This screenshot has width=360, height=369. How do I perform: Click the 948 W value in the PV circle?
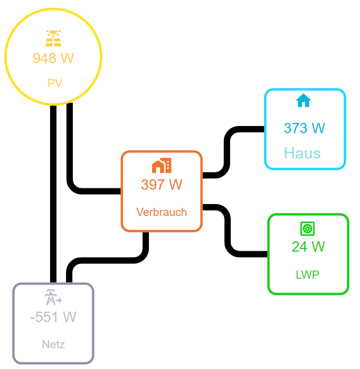53,58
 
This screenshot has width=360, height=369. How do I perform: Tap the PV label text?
54,84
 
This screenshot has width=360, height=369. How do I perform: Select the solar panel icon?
53,39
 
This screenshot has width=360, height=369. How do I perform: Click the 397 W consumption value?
161,185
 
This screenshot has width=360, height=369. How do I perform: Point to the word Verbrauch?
161,212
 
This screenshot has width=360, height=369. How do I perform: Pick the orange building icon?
161,166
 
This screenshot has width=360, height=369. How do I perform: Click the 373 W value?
304,128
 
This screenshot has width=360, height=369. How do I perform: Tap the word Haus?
302,153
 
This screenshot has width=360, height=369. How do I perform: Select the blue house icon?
303,100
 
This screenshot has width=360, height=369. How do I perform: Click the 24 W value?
308,247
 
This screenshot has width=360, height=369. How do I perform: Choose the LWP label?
308,275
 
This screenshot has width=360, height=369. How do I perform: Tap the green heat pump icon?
307,229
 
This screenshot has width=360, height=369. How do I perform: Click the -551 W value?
53,317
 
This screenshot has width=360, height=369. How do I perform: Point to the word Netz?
53,345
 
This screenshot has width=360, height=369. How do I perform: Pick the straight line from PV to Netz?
53,194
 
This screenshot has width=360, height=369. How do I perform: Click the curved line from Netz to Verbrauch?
109,260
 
